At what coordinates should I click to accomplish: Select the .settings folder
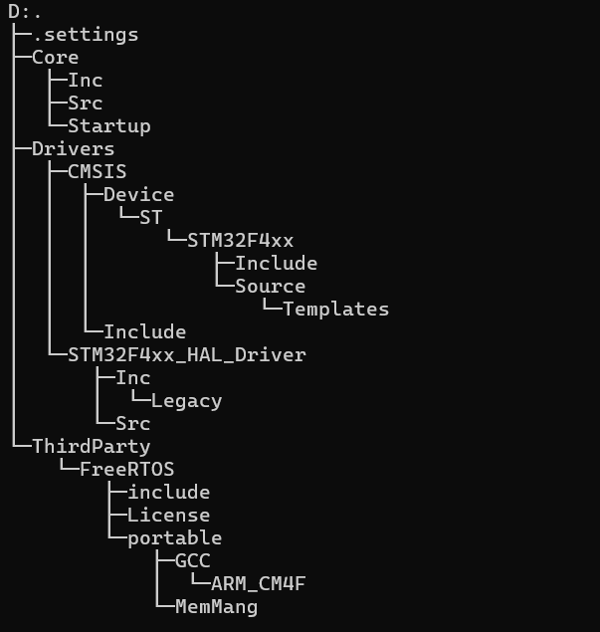pyautogui.click(x=85, y=35)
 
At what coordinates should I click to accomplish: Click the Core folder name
pyautogui.click(x=55, y=58)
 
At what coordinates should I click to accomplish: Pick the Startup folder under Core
pyautogui.click(x=108, y=126)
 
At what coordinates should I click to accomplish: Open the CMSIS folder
pyautogui.click(x=97, y=172)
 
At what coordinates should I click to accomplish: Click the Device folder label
pyautogui.click(x=138, y=195)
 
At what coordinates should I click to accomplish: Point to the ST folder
pyautogui.click(x=150, y=218)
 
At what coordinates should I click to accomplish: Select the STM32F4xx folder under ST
pyautogui.click(x=240, y=241)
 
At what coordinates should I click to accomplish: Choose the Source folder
pyautogui.click(x=270, y=287)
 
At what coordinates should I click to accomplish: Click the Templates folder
pyautogui.click(x=335, y=310)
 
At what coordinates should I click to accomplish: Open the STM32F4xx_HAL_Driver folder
pyautogui.click(x=186, y=355)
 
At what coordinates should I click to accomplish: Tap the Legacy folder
pyautogui.click(x=186, y=401)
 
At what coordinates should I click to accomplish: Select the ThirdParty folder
pyautogui.click(x=91, y=447)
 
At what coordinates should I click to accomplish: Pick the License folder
pyautogui.click(x=168, y=516)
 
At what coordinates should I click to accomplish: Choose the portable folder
pyautogui.click(x=174, y=538)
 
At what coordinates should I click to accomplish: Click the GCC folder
pyautogui.click(x=192, y=561)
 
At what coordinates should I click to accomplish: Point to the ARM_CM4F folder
pyautogui.click(x=258, y=584)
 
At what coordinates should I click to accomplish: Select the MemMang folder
pyautogui.click(x=216, y=607)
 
